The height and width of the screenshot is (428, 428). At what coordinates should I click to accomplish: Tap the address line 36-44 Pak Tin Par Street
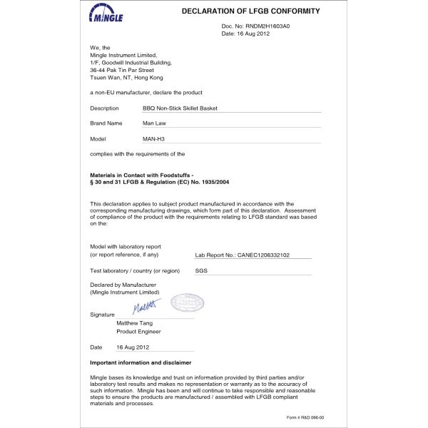121,70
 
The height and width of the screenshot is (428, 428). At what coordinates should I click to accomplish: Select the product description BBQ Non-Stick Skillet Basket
180,108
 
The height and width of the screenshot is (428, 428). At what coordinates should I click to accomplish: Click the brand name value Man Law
155,123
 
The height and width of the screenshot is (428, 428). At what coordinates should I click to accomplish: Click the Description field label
104,108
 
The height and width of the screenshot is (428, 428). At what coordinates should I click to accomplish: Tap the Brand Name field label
106,123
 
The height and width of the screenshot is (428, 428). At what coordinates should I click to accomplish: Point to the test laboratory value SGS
200,271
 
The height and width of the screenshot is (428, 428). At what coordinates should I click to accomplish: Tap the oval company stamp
187,302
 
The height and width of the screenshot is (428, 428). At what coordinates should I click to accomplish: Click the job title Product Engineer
138,331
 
